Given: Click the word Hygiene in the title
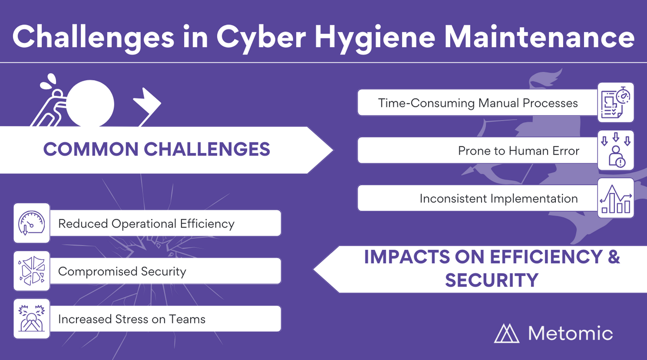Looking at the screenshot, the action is pyautogui.click(x=375, y=38).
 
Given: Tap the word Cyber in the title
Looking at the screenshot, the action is pyautogui.click(x=261, y=38).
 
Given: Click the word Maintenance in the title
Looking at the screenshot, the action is pyautogui.click(x=539, y=36).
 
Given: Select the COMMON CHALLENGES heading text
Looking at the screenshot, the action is pyautogui.click(x=156, y=149).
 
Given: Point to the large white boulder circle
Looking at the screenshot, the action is pyautogui.click(x=90, y=104).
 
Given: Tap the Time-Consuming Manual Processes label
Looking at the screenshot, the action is pyautogui.click(x=478, y=103).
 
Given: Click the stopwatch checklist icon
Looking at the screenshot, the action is pyautogui.click(x=616, y=102).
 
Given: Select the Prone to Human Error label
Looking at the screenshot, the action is pyautogui.click(x=518, y=151).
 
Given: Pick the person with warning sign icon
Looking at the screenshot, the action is pyautogui.click(x=616, y=150).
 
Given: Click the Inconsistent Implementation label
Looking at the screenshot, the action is pyautogui.click(x=498, y=198).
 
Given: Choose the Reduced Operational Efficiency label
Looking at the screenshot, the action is pyautogui.click(x=146, y=224).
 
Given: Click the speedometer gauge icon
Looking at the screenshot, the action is pyautogui.click(x=31, y=223).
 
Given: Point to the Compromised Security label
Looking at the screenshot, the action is pyautogui.click(x=122, y=272).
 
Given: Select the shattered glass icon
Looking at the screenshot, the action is pyautogui.click(x=31, y=271).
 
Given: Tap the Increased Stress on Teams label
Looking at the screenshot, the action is pyautogui.click(x=132, y=319).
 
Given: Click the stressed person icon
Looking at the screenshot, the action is pyautogui.click(x=31, y=318).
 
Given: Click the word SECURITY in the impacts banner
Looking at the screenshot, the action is pyautogui.click(x=491, y=280).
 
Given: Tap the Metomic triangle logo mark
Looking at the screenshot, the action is pyautogui.click(x=507, y=334).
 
